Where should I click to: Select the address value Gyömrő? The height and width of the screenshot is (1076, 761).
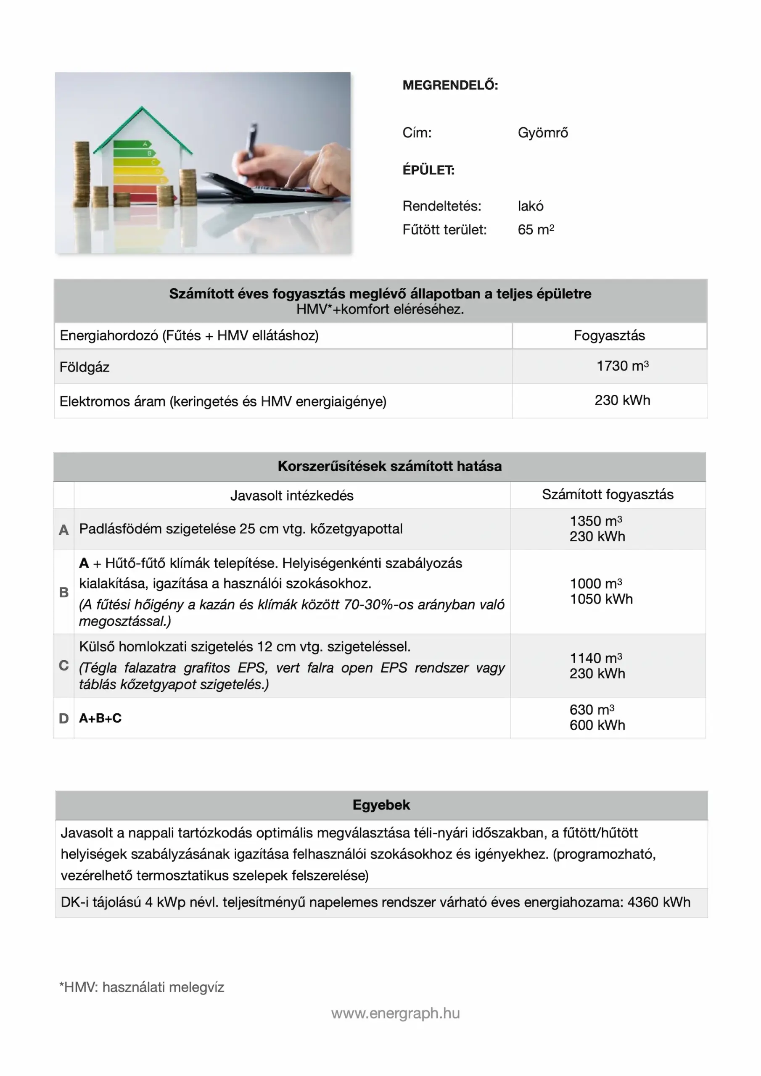pyautogui.click(x=542, y=133)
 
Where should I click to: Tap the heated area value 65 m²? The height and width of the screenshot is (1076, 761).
pyautogui.click(x=536, y=229)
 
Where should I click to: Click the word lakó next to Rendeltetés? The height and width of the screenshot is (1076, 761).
pyautogui.click(x=530, y=206)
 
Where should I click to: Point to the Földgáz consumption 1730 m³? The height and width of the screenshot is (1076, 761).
pyautogui.click(x=622, y=366)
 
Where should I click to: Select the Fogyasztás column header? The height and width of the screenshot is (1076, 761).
pyautogui.click(x=609, y=335)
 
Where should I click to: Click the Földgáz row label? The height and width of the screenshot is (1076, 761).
pyautogui.click(x=85, y=367)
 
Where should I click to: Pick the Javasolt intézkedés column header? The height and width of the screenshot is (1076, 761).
pyautogui.click(x=292, y=496)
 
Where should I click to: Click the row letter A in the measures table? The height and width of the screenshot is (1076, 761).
pyautogui.click(x=64, y=530)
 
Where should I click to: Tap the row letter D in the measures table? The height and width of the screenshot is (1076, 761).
pyautogui.click(x=64, y=718)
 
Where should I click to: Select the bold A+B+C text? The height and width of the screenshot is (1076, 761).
pyautogui.click(x=100, y=718)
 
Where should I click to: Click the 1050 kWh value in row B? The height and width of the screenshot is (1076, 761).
pyautogui.click(x=601, y=599)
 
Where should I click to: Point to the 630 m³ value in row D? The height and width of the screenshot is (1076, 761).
pyautogui.click(x=591, y=710)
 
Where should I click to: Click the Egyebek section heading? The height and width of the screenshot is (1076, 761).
pyautogui.click(x=381, y=805)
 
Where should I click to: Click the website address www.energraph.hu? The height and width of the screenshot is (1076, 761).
pyautogui.click(x=395, y=1013)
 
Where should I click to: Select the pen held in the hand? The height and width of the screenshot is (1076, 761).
pyautogui.click(x=252, y=140)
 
